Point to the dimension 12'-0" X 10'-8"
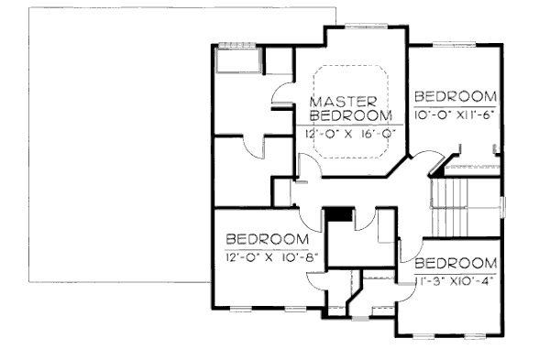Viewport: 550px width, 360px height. coord(271,256)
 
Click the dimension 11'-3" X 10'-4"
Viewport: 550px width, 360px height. coord(455,280)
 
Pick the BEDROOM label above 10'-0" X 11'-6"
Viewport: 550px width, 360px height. coord(456,95)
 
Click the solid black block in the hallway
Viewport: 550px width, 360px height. coord(340,214)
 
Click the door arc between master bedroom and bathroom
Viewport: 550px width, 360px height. coord(283,93)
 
